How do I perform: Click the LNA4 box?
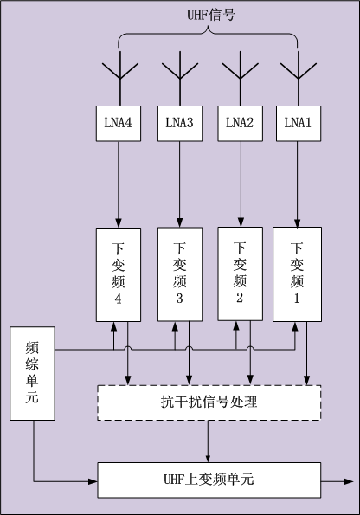coord(119,124)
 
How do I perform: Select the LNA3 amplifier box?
coord(180,124)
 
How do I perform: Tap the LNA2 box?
coord(240,124)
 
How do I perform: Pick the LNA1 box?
coord(299,124)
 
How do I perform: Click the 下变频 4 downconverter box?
coord(119,274)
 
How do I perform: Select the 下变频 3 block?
coord(180,274)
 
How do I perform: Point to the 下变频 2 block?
coord(240,274)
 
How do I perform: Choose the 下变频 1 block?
coord(297,274)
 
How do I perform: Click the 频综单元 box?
coord(32,373)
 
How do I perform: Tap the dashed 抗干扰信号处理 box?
coord(209,402)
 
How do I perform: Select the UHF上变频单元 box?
coord(209,480)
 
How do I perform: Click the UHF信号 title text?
coord(211,15)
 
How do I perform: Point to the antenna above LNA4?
coord(120,79)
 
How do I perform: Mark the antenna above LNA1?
coord(299,79)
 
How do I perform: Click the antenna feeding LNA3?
coord(180,79)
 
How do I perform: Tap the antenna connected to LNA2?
coord(240,79)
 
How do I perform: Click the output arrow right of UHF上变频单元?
coord(337,481)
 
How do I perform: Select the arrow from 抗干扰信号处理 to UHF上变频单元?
coord(208,441)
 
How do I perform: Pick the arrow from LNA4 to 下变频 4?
coord(119,184)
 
